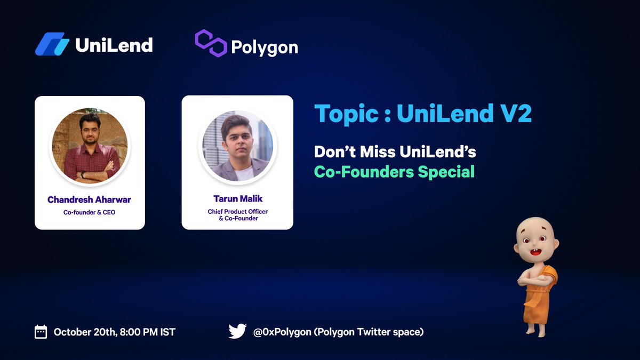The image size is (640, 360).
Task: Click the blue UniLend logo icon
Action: (52, 44)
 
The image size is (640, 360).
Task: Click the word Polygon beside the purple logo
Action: (265, 47)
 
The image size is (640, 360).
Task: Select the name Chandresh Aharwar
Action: (89, 200)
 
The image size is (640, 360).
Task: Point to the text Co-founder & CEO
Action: (89, 213)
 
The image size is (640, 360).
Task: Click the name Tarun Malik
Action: (237, 199)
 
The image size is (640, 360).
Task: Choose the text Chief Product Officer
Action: (237, 212)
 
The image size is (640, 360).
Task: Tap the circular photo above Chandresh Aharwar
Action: (90, 146)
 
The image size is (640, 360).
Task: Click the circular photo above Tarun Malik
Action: (237, 146)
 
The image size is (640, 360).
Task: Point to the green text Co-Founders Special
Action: (394, 172)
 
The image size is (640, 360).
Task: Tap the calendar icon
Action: (41, 332)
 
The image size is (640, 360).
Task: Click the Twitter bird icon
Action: (237, 331)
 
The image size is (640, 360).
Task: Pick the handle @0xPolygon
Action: (281, 332)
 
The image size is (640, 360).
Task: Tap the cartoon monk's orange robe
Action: (540, 296)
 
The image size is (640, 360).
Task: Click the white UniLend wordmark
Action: (114, 45)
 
